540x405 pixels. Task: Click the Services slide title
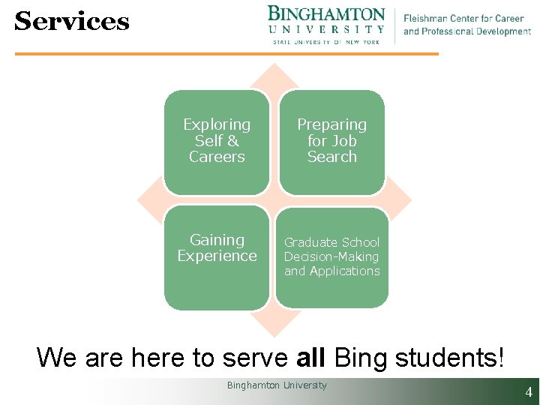click(x=72, y=21)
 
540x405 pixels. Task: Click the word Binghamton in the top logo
click(x=326, y=14)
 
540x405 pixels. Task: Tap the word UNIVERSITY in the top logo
click(x=326, y=29)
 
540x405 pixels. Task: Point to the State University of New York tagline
click(x=326, y=42)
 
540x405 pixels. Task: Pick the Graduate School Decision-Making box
click(x=331, y=256)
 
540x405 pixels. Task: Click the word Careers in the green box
click(x=217, y=157)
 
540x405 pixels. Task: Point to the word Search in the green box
click(x=331, y=157)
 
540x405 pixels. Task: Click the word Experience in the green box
click(x=217, y=256)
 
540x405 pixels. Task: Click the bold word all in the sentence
click(x=310, y=358)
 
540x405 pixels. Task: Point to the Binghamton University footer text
click(x=277, y=385)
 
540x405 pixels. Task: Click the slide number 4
click(x=529, y=391)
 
